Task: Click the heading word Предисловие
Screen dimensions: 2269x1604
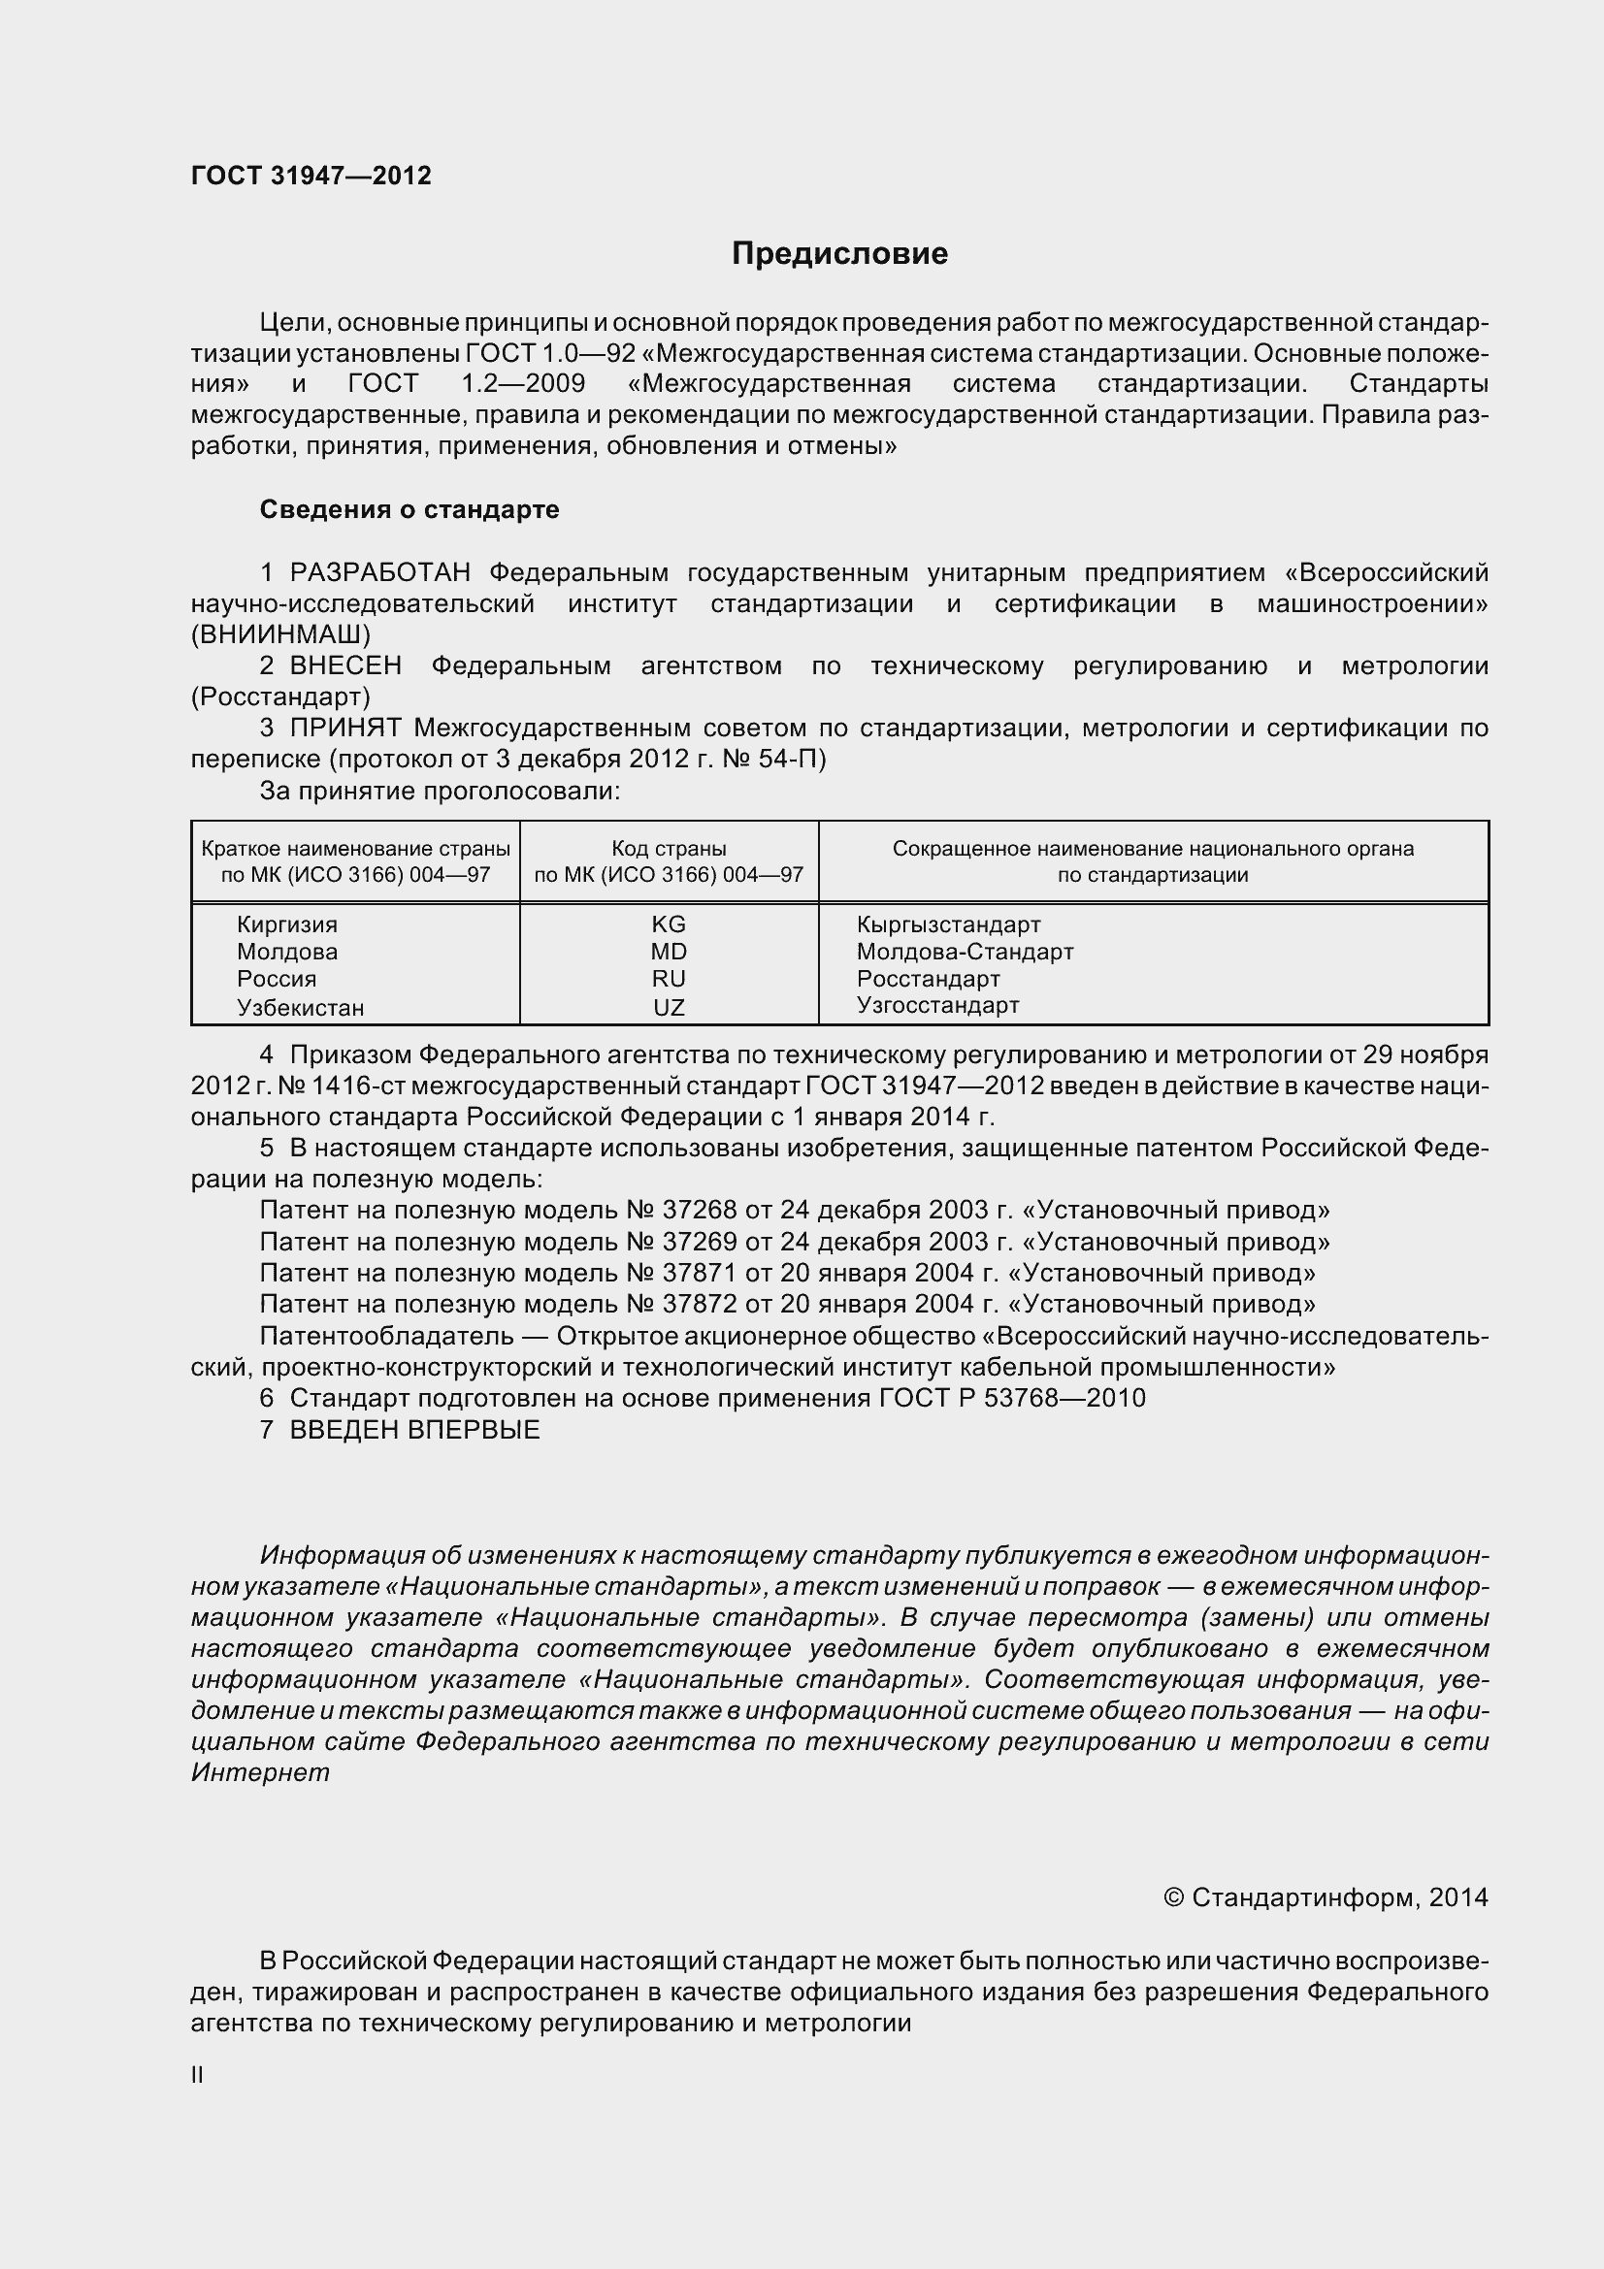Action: (839, 254)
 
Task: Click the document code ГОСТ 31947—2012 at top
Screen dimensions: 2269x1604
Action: (311, 176)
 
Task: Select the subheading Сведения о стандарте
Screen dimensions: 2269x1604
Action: (409, 509)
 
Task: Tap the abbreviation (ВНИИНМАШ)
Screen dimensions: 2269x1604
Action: (280, 633)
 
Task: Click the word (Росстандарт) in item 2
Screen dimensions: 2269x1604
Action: (280, 697)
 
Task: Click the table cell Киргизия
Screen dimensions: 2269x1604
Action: (286, 924)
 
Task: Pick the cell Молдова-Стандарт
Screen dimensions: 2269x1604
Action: (965, 952)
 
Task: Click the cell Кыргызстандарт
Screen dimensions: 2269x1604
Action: (949, 924)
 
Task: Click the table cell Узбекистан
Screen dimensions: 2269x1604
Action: (301, 1007)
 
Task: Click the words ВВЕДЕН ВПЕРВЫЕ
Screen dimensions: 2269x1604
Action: (415, 1429)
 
